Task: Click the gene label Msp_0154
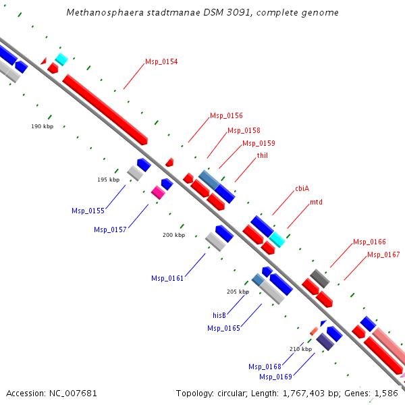(x=161, y=62)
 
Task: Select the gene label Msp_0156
(x=226, y=115)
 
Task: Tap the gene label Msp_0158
(x=244, y=130)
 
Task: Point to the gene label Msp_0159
(x=259, y=143)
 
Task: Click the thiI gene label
(x=263, y=155)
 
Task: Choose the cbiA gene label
(x=302, y=189)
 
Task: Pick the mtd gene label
(x=316, y=202)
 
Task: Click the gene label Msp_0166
(x=369, y=242)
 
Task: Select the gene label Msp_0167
(x=383, y=254)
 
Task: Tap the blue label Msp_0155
(x=88, y=211)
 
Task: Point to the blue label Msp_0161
(x=167, y=278)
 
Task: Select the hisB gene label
(x=219, y=315)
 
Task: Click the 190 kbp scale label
(x=42, y=127)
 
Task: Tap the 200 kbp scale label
(x=173, y=235)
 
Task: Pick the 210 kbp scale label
(x=300, y=349)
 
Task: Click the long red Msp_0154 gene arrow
(x=105, y=109)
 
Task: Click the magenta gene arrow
(x=158, y=192)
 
